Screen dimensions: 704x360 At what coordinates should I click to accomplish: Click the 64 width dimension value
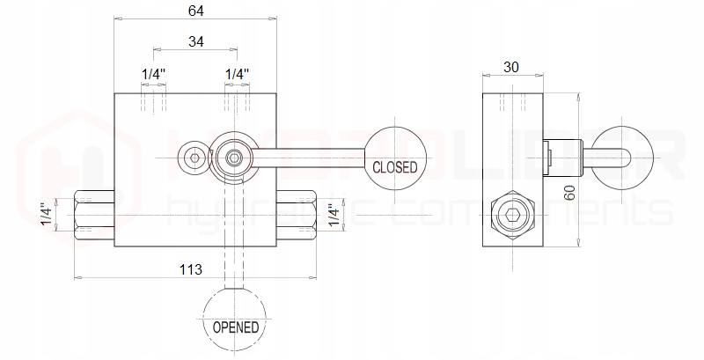pos(196,11)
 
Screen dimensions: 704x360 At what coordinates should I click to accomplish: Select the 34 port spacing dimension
pos(196,41)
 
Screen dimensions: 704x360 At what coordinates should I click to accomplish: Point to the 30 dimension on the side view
pos(513,67)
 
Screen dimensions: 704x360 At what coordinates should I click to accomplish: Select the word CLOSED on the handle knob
pos(395,166)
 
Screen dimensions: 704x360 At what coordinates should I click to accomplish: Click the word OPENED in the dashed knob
pos(235,327)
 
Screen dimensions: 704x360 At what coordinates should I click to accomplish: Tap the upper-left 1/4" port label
pos(154,74)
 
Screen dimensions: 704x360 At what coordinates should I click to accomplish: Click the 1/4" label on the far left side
pos(47,215)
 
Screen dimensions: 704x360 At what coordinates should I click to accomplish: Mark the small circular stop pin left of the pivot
pos(193,158)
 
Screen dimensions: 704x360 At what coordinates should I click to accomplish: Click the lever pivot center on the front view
pos(234,158)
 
